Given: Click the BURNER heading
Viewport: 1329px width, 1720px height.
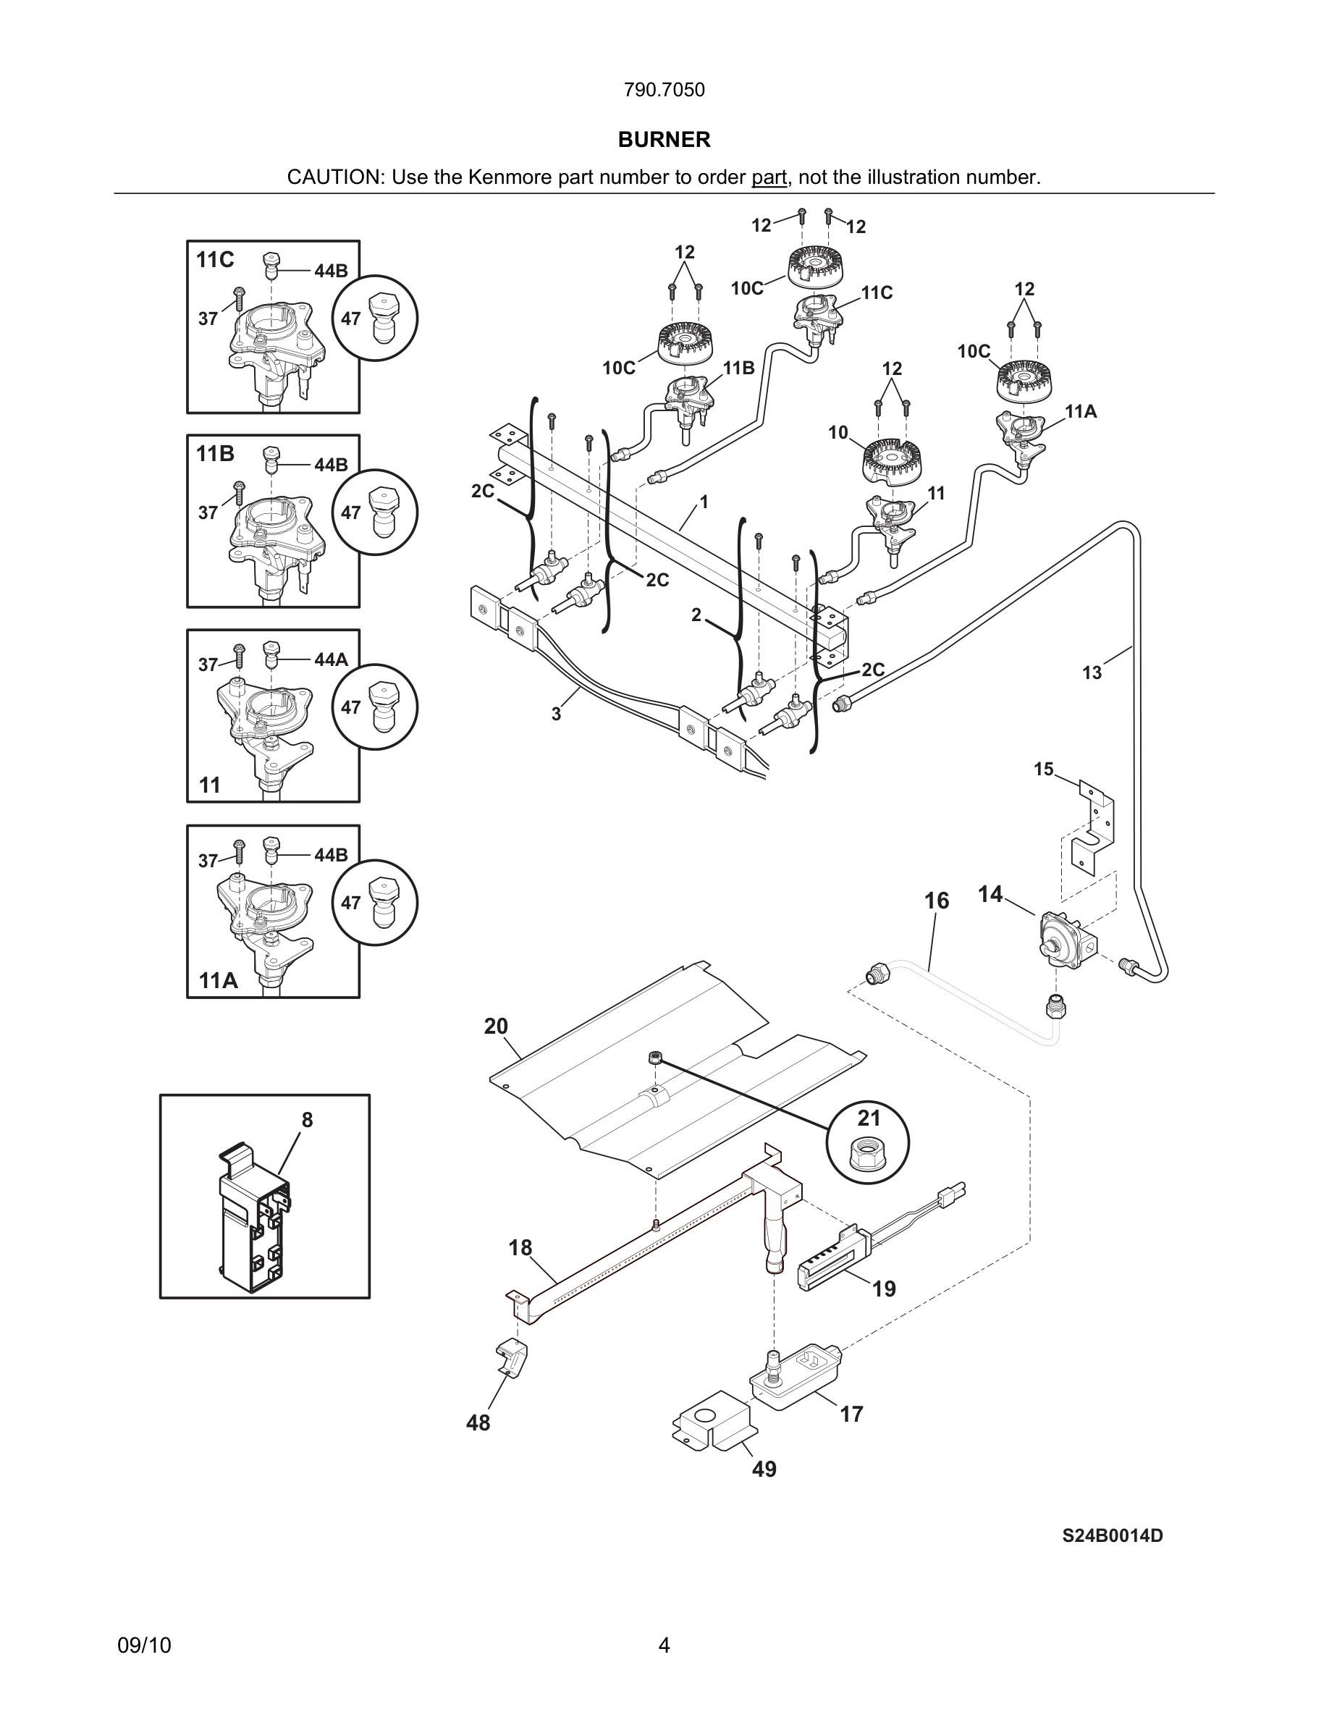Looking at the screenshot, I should tap(664, 140).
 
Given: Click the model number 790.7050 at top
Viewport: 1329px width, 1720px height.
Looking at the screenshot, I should tap(664, 90).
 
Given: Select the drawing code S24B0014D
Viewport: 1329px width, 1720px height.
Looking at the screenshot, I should tap(1112, 1535).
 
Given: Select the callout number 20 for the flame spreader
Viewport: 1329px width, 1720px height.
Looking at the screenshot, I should tap(496, 1026).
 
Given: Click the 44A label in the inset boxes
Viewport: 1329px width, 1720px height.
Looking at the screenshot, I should tap(331, 660).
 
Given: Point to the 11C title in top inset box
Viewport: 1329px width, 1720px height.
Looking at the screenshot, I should tap(215, 260).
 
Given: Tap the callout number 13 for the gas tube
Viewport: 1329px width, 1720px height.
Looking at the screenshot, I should tap(1092, 673).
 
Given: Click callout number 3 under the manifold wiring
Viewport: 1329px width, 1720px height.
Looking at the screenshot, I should tap(556, 714).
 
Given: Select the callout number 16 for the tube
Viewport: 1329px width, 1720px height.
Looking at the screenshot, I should tap(936, 901).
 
